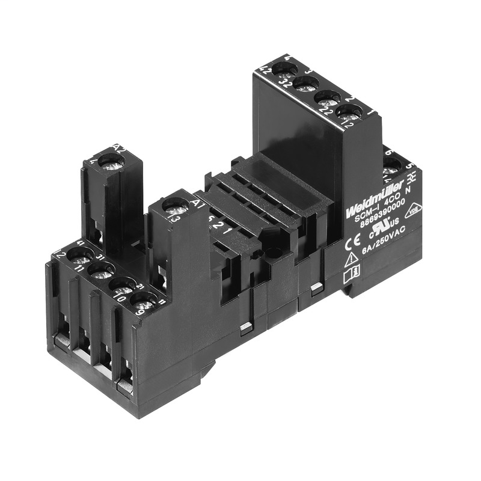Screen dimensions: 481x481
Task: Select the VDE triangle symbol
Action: pyautogui.click(x=412, y=209)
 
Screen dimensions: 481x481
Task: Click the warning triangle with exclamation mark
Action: pyautogui.click(x=351, y=260)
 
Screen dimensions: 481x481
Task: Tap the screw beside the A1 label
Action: pyautogui.click(x=175, y=207)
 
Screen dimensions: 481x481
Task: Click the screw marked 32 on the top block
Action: pyautogui.click(x=306, y=83)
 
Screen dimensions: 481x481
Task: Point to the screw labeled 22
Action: pyautogui.click(x=328, y=97)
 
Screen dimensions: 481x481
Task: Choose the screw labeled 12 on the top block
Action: pyautogui.click(x=349, y=112)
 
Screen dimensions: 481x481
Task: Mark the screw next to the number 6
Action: pyautogui.click(x=391, y=163)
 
